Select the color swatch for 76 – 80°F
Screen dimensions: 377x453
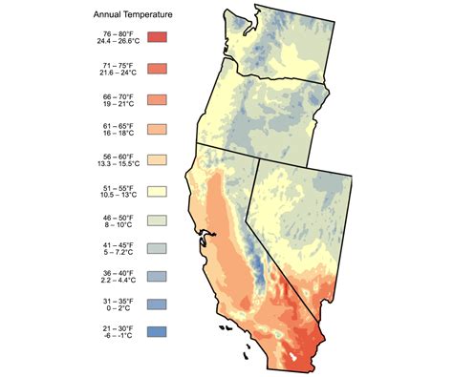coord(158,37)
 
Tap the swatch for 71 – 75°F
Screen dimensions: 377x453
coord(158,68)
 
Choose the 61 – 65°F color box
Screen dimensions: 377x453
coord(158,129)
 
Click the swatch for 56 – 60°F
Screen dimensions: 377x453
coord(158,159)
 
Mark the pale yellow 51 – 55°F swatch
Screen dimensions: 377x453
coord(158,190)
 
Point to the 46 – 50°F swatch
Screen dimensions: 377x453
coord(158,220)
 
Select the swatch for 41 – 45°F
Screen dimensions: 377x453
coord(158,251)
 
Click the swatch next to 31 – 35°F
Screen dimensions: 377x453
coord(158,305)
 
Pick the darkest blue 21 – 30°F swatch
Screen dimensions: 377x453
coord(158,332)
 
